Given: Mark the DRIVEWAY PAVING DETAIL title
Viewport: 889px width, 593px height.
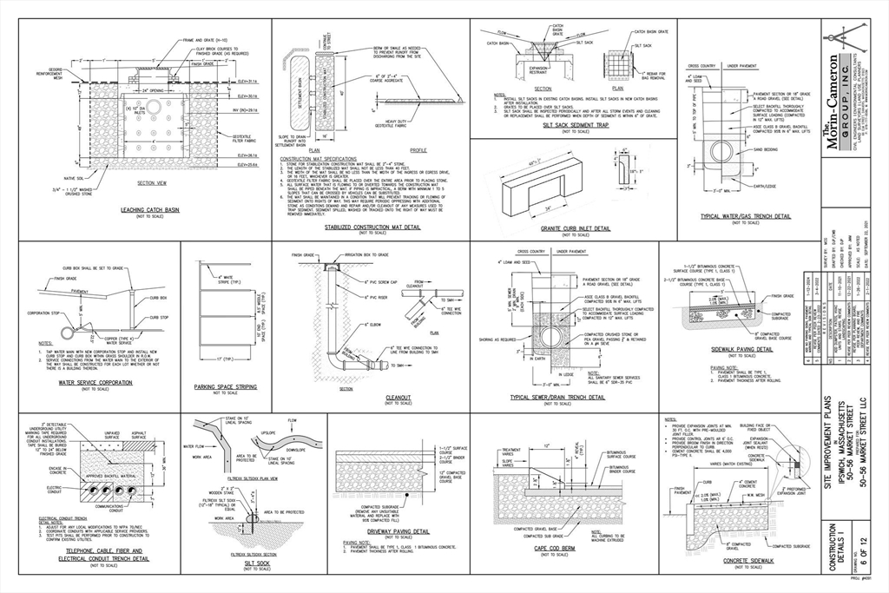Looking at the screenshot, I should (x=398, y=530).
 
